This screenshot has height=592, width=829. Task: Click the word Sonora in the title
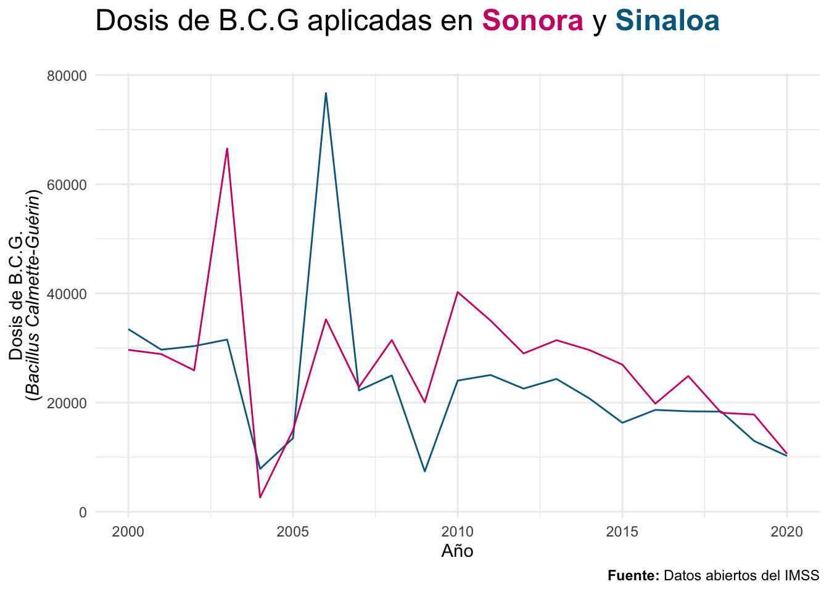532,21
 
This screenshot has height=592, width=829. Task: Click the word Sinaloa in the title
667,21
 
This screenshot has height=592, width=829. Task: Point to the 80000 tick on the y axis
67,76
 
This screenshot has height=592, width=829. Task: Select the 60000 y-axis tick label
67,184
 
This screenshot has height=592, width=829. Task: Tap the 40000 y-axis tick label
67,294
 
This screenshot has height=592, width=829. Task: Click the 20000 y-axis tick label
67,403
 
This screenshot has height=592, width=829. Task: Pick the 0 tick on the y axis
83,512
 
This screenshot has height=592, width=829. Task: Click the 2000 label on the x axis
128,532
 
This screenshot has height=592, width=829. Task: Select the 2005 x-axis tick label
293,532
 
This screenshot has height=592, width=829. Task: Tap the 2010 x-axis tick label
458,532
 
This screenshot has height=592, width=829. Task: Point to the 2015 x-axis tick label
622,532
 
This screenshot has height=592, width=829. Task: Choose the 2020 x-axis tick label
787,532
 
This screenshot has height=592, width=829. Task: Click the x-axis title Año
457,551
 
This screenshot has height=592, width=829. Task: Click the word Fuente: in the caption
633,575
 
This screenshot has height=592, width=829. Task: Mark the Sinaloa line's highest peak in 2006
326,93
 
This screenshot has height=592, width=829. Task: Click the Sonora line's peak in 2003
227,149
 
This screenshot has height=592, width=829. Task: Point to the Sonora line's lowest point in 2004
260,498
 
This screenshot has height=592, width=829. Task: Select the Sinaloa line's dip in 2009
424,471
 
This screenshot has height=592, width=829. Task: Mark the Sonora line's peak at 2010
458,292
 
